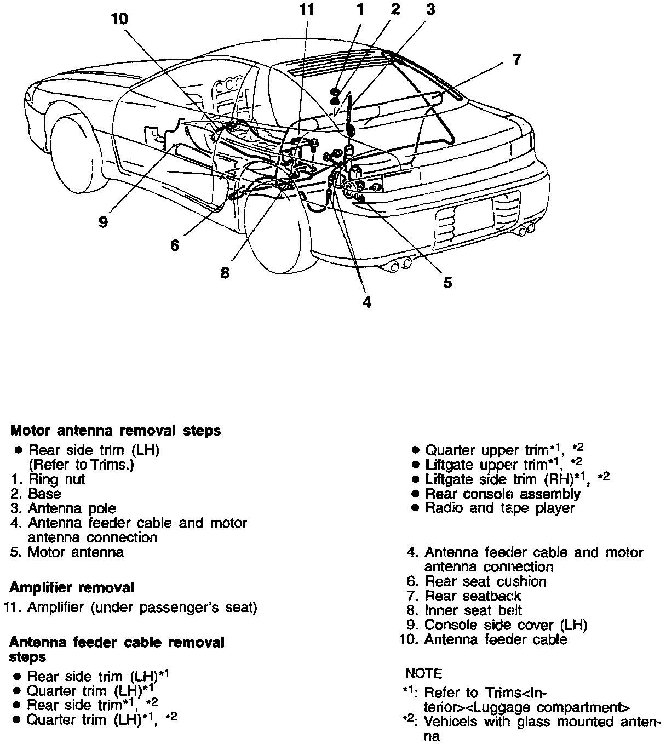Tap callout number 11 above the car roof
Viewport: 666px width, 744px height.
[x=308, y=9]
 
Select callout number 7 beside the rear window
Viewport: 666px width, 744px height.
[x=516, y=59]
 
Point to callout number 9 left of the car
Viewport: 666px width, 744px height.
[x=104, y=222]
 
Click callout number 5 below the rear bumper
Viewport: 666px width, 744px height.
[x=447, y=282]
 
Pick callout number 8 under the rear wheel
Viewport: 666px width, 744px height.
[x=225, y=272]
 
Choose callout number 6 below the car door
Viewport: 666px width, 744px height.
[x=175, y=245]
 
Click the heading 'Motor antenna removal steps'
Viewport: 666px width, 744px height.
[x=116, y=431]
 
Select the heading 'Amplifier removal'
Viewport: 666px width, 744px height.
[x=72, y=587]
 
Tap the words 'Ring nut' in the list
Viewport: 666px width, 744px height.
[x=56, y=479]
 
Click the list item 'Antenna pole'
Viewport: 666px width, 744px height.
[x=72, y=508]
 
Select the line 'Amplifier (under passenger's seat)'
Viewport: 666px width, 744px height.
[x=141, y=607]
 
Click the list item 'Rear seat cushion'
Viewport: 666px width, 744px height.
[x=485, y=581]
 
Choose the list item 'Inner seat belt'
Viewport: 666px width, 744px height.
[x=473, y=610]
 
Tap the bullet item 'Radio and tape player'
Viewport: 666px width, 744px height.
[x=499, y=508]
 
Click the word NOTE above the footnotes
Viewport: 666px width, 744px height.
[x=423, y=673]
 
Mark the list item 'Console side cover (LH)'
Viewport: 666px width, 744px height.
[x=505, y=625]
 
